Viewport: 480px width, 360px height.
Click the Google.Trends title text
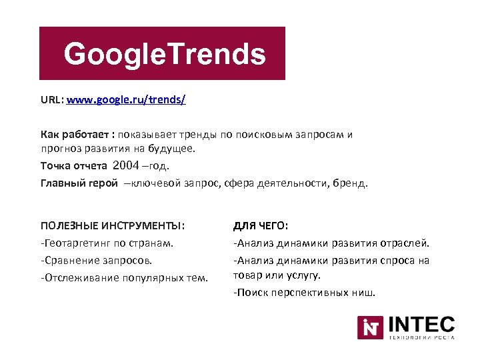pos(165,54)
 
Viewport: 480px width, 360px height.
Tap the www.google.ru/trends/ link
pos(126,101)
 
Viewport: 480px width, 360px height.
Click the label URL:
pos(51,101)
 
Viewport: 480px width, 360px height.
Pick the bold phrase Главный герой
pos(79,183)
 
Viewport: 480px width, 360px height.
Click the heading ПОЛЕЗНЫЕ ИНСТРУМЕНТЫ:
pos(113,225)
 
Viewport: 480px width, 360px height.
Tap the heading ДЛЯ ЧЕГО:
pos(261,226)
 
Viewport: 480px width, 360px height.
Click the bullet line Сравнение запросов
pos(96,260)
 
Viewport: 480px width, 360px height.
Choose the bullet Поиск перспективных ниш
pos(304,293)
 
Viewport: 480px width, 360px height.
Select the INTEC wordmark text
pos(421,325)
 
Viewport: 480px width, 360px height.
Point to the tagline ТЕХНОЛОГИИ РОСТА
pos(421,337)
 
